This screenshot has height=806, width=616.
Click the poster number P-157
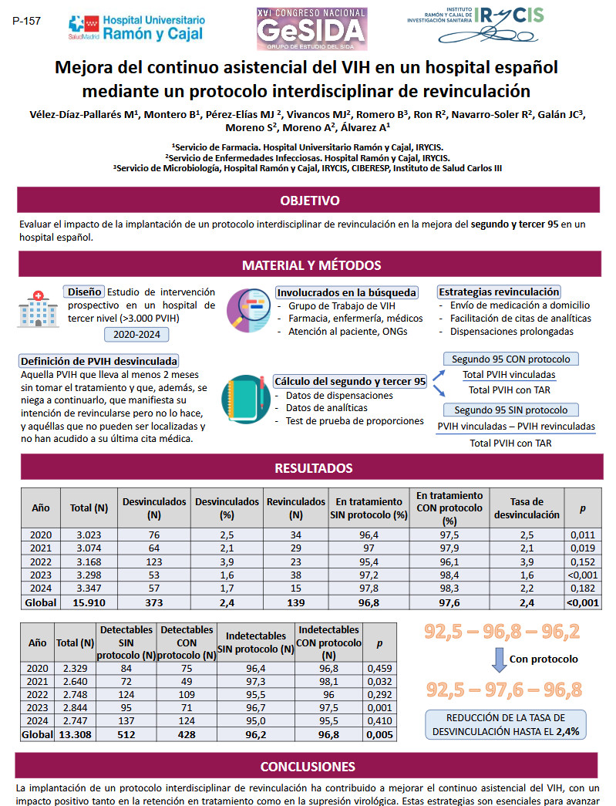[x=27, y=21]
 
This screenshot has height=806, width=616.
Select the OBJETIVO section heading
[x=309, y=201]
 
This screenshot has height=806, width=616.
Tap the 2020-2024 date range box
[x=136, y=335]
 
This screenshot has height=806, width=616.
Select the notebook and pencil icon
[x=245, y=398]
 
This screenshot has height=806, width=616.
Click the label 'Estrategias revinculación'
[x=499, y=292]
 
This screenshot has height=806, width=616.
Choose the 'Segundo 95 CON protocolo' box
[x=510, y=359]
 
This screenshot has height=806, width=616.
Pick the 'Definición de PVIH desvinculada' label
[x=99, y=361]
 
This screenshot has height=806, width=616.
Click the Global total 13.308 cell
[x=76, y=735]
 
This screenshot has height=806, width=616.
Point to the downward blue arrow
[x=497, y=659]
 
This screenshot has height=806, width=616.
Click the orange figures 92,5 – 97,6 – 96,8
[x=503, y=690]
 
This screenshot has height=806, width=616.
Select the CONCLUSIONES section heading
[x=308, y=767]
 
